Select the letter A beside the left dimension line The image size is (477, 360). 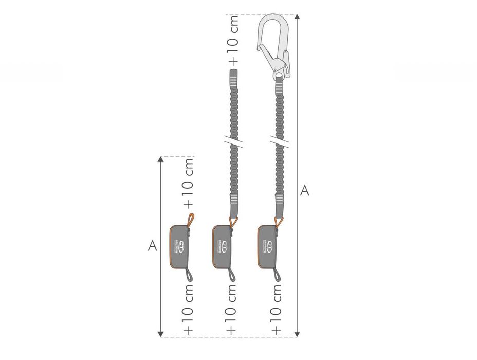(152, 246)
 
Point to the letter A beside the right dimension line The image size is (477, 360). (305, 190)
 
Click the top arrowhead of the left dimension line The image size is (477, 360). (161, 159)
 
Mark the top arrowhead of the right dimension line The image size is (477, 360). (297, 17)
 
